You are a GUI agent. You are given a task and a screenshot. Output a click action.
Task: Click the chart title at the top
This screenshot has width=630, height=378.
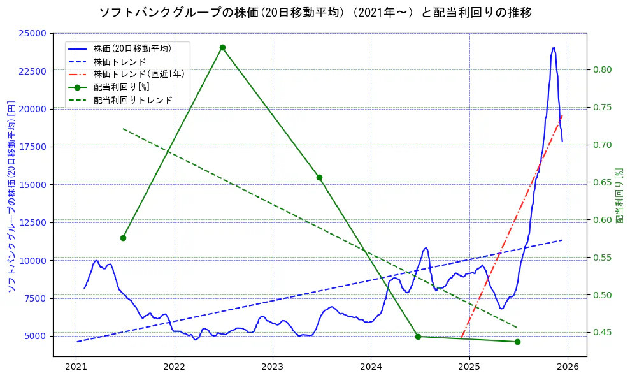(315, 12)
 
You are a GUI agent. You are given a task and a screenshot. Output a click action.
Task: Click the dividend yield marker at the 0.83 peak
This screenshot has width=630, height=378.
(222, 47)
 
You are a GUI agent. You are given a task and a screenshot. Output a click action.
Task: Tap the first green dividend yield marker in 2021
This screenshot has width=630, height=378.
(123, 238)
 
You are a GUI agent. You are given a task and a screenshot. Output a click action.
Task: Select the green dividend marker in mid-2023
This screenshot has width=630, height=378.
(319, 177)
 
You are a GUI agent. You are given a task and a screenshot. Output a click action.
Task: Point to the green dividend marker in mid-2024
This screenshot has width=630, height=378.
(418, 337)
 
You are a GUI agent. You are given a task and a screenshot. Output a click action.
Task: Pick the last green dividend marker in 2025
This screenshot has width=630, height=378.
(517, 342)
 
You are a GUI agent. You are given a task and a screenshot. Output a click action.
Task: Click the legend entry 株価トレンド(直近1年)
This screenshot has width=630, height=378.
(139, 74)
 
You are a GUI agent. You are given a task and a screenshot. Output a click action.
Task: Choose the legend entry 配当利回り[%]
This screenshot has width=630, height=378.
(121, 87)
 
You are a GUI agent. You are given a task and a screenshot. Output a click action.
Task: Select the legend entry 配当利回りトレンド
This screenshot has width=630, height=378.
(132, 100)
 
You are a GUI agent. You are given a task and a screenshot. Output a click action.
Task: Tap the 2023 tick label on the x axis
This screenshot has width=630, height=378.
(272, 367)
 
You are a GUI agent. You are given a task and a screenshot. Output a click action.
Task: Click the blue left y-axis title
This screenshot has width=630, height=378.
(11, 196)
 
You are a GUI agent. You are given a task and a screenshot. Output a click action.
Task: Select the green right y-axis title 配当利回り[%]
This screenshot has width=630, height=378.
(619, 195)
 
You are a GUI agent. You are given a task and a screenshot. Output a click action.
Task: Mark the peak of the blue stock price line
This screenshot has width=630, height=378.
(554, 47)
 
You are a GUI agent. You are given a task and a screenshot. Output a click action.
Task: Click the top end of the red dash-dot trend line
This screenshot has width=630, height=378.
(562, 115)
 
